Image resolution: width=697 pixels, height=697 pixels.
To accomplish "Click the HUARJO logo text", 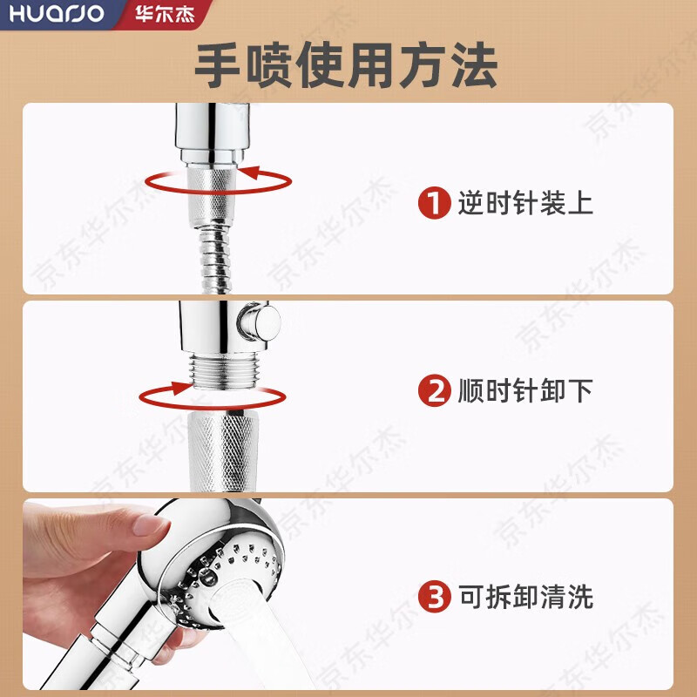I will click(x=54, y=15).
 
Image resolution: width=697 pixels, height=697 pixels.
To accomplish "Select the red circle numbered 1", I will click(x=434, y=205).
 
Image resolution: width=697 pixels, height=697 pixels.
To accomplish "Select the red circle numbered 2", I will click(x=434, y=390).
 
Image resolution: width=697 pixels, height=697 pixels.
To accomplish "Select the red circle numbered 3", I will click(x=434, y=597).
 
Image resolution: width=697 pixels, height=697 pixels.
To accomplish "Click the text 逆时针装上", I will click(x=524, y=205).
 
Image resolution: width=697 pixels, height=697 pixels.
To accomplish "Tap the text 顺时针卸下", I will click(x=524, y=390).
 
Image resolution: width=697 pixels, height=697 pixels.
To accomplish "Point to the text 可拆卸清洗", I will click(x=524, y=597).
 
